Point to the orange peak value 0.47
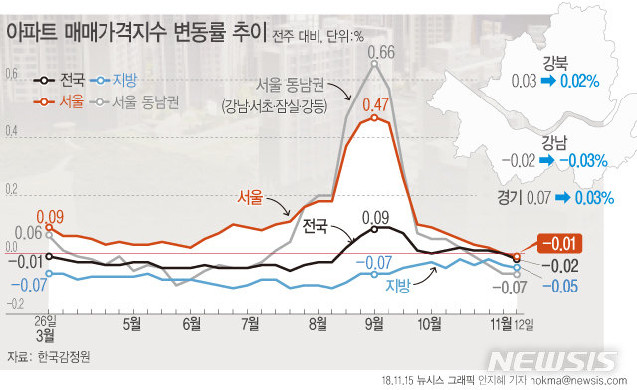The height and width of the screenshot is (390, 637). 375,103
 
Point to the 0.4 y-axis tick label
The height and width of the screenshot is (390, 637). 11,132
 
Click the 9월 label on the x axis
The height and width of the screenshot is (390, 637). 375,323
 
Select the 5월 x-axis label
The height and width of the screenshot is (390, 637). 132,323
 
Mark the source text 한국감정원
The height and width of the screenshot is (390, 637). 61,354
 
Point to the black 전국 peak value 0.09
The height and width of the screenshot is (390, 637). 375,217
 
